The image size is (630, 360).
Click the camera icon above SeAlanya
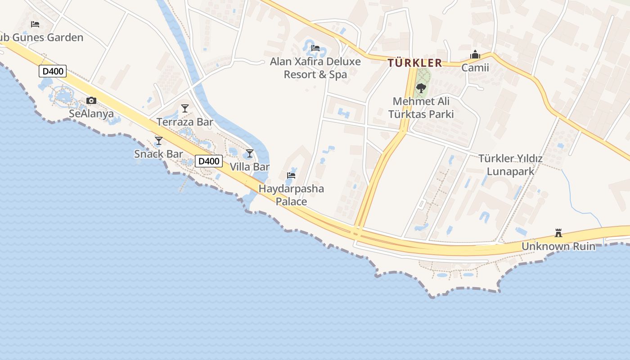(91, 101)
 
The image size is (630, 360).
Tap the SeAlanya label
(91, 113)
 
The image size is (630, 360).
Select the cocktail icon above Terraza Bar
(184, 108)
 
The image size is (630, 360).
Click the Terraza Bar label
(184, 122)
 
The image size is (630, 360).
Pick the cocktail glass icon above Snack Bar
(158, 141)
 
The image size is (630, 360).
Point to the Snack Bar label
(158, 154)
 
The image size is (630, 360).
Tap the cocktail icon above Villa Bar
(250, 153)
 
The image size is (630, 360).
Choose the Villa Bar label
(250, 166)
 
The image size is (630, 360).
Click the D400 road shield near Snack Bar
(209, 161)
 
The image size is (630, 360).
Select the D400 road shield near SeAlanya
(53, 71)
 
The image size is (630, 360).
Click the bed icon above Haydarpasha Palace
(291, 175)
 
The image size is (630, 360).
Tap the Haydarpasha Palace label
(291, 194)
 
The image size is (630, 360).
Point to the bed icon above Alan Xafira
(315, 48)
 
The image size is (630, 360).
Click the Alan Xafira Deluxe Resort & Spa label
(315, 67)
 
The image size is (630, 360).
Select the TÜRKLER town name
(414, 63)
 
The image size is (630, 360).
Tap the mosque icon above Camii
(475, 54)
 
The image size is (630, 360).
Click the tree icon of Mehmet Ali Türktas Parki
(421, 88)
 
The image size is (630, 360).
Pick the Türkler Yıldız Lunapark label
(510, 165)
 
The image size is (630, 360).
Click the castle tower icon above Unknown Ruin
(558, 233)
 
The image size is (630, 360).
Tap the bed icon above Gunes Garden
(35, 24)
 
